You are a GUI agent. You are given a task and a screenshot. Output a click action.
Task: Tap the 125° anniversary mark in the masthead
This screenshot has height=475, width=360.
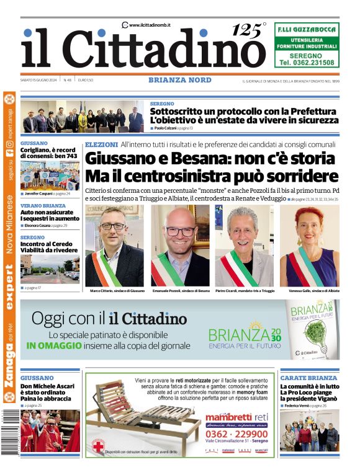point(249,30)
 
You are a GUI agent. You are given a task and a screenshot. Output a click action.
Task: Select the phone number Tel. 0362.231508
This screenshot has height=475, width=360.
point(307,63)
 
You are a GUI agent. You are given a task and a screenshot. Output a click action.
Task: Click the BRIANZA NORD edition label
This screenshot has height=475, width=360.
point(179,80)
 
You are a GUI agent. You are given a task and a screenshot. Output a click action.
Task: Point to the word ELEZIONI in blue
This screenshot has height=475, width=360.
point(101,144)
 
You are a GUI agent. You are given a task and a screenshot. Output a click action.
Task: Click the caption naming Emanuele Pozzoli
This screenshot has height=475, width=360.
point(180,291)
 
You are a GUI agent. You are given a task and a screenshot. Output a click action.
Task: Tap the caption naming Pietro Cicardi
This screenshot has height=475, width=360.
point(245,291)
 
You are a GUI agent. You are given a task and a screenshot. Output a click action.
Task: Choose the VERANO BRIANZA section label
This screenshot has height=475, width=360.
point(43,205)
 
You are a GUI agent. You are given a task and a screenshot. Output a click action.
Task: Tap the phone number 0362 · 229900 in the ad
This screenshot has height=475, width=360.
point(237,434)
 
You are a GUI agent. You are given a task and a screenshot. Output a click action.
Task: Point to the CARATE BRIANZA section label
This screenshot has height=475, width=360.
point(308,378)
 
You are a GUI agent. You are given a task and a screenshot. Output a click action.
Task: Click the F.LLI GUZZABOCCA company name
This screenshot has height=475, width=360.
point(307,29)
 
